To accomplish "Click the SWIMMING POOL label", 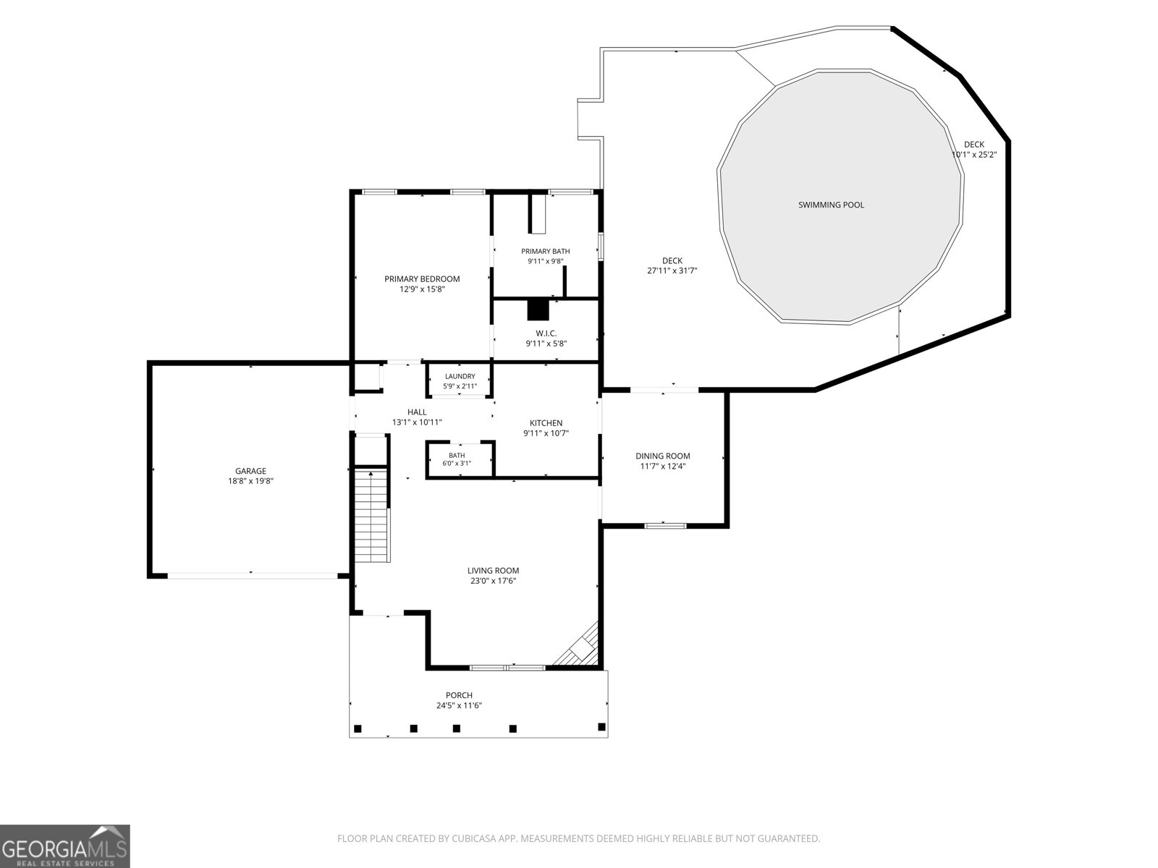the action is (831, 205).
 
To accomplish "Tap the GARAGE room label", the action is (250, 471).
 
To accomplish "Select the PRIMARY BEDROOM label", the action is (422, 278).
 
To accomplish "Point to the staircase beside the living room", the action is (372, 516).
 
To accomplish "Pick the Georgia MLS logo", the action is (65, 846).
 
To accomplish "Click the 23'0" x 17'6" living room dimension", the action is (494, 581).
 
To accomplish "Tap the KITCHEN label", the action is (546, 423).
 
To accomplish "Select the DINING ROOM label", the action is (663, 456).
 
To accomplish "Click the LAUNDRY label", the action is (460, 376).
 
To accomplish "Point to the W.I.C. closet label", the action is (546, 333).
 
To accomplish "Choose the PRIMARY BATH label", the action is (546, 252).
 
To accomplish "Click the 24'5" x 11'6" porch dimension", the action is (459, 706).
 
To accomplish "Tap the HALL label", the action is (417, 412).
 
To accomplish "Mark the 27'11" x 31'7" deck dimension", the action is (672, 271).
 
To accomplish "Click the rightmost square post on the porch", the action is (601, 727).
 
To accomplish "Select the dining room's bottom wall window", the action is (665, 525).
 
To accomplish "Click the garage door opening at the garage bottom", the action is (252, 576).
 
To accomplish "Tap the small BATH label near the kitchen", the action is (457, 456).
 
